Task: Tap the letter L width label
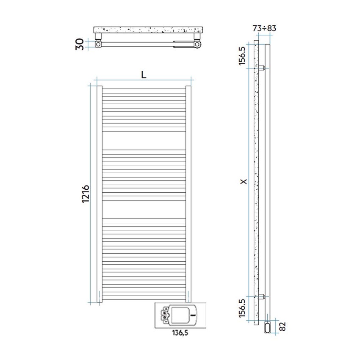tap(144, 75)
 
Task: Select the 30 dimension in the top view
tap(79, 44)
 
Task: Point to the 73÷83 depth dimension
tap(264, 28)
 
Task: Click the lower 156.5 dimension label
tap(242, 308)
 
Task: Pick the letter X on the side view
tap(242, 182)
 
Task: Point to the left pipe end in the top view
tap(98, 44)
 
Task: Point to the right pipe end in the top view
tap(197, 44)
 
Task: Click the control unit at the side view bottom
tap(268, 327)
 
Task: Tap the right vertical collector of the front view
tap(188, 194)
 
